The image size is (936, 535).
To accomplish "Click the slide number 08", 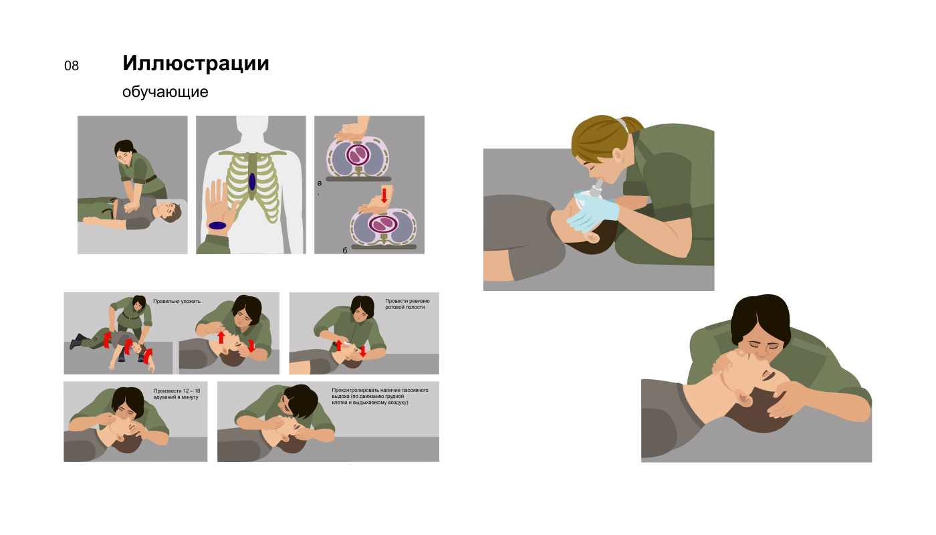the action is coord(72,66).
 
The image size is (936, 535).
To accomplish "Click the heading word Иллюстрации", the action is coord(195,64).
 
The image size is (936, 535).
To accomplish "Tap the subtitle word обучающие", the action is coord(165,92).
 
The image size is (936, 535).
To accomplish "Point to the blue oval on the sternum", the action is coord(252,182).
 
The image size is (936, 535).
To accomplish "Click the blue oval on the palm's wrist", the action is coord(217,226).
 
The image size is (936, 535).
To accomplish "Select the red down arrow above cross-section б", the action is coord(384,195).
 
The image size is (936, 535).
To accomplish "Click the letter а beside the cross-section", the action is coord(320,183).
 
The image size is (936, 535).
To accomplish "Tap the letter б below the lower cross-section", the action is coord(345,250).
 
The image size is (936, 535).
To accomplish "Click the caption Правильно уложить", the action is coord(177,302).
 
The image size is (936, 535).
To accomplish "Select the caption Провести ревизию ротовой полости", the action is coord(407,304).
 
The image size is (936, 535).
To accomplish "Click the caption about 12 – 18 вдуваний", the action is coord(177,394).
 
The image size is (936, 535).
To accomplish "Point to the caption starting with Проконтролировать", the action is coord(380,396).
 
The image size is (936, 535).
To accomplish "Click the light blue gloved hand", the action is coord(594,211).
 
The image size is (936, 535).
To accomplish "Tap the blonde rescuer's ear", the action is coord(618,156).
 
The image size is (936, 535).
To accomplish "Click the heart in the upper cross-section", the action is coord(358,155).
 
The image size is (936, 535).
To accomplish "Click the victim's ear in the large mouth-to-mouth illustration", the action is coord(743,399).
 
